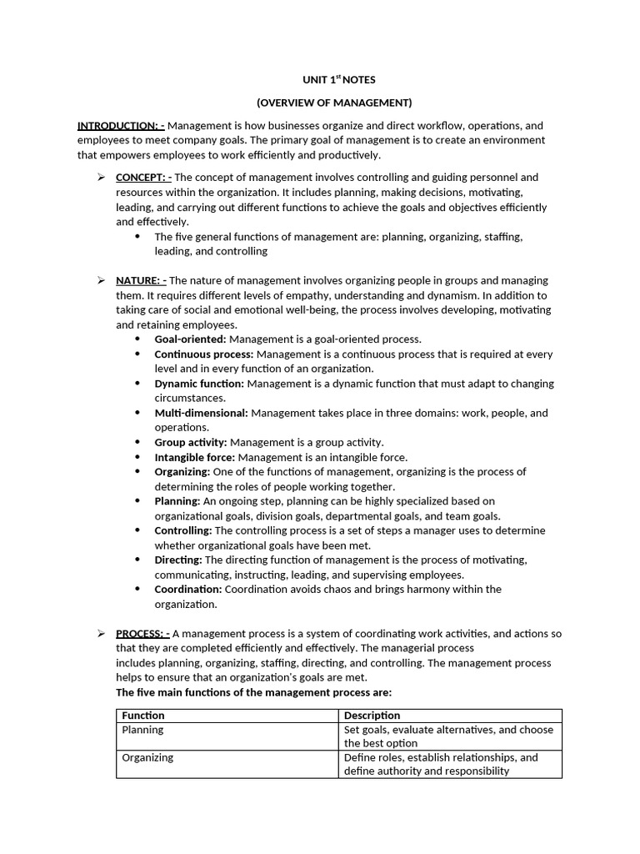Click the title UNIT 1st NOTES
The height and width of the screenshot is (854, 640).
tap(338, 79)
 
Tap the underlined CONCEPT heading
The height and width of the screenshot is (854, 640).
tap(143, 177)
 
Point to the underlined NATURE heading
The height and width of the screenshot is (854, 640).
tap(141, 280)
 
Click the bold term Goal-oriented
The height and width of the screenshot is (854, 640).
tap(190, 339)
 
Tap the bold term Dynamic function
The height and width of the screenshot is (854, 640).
tap(199, 384)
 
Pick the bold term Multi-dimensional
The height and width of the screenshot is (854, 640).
tap(201, 413)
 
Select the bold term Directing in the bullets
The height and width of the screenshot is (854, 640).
tap(178, 560)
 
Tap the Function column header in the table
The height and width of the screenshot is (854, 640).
tap(143, 716)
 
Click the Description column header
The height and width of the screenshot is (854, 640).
tap(372, 716)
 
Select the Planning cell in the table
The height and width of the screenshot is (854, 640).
tap(143, 730)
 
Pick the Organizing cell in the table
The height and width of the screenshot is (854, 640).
tap(148, 758)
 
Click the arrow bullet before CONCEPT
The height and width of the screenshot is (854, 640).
tap(101, 177)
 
